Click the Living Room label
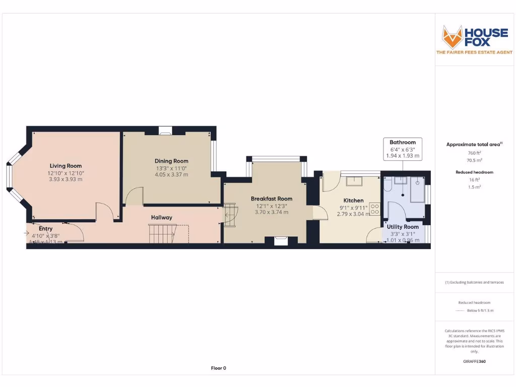(66, 166)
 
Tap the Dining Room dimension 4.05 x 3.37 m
(171, 175)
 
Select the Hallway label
(161, 218)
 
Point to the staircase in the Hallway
(161, 233)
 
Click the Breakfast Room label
(272, 199)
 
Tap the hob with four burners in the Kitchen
(374, 209)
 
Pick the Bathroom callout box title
(403, 143)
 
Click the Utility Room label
(403, 227)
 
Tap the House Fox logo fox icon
(452, 37)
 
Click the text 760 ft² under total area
(474, 153)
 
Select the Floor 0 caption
(218, 368)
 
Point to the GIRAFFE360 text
(474, 361)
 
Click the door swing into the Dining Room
(134, 196)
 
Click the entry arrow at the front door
(26, 233)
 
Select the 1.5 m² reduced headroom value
(474, 187)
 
